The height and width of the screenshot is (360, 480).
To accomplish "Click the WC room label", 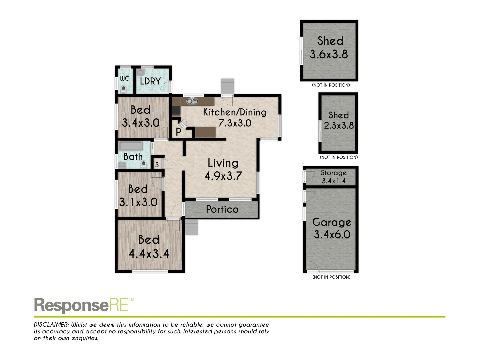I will [x=124, y=79].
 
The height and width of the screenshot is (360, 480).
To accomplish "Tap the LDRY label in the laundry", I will [x=150, y=81].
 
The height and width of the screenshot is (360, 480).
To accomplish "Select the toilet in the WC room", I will [x=124, y=90].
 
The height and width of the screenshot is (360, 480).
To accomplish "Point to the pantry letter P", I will [x=179, y=132].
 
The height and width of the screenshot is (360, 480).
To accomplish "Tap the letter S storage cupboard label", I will [x=157, y=165].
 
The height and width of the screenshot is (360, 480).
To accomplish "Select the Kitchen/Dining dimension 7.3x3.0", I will [x=235, y=123].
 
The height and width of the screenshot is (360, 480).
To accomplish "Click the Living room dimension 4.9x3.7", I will [x=223, y=176].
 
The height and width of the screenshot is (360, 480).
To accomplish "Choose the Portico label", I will [x=222, y=209].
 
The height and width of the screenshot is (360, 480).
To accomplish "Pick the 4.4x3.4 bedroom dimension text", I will [x=149, y=254].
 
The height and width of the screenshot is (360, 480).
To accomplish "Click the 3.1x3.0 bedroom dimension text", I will [x=138, y=202].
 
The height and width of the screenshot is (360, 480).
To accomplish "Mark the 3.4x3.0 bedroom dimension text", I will [x=141, y=123].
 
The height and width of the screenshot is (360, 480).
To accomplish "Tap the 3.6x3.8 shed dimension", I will [x=329, y=54].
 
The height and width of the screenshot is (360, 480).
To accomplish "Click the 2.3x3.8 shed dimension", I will [x=339, y=126].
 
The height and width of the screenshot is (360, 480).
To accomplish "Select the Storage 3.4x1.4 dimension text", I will [x=334, y=181].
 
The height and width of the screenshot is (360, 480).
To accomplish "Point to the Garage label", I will [x=332, y=222].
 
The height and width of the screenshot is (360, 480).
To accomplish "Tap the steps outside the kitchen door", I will [x=228, y=86].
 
